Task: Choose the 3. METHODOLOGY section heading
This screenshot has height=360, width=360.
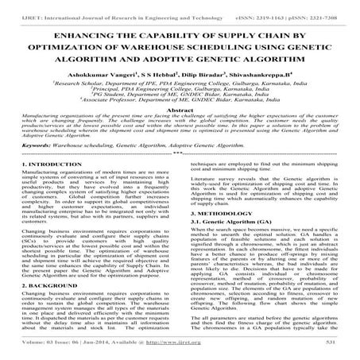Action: pyautogui.click(x=222, y=213)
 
